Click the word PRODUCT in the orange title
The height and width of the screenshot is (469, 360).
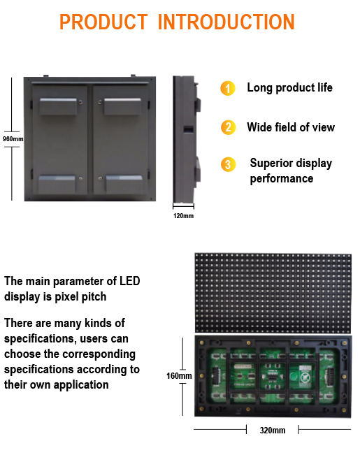tap(103, 22)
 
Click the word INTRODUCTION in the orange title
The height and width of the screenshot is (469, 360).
tap(226, 22)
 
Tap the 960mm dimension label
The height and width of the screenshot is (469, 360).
tap(13, 139)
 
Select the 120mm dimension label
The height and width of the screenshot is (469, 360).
tap(183, 216)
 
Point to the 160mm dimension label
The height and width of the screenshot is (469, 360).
tap(179, 375)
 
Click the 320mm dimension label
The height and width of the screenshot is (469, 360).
tap(273, 430)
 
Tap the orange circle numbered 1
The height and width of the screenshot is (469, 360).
tap(228, 88)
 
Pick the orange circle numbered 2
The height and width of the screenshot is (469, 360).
tap(228, 127)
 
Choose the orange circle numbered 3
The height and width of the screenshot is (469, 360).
tap(228, 164)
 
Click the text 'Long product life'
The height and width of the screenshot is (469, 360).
tap(289, 87)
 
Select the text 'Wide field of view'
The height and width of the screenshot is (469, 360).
tap(291, 127)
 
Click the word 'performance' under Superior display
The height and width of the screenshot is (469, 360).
tap(282, 179)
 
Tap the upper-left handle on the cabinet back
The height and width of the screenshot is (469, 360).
tap(58, 106)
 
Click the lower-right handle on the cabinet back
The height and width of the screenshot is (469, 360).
tap(124, 184)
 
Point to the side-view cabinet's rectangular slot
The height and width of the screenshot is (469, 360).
tap(188, 129)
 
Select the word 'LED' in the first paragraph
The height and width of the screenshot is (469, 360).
tap(129, 281)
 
